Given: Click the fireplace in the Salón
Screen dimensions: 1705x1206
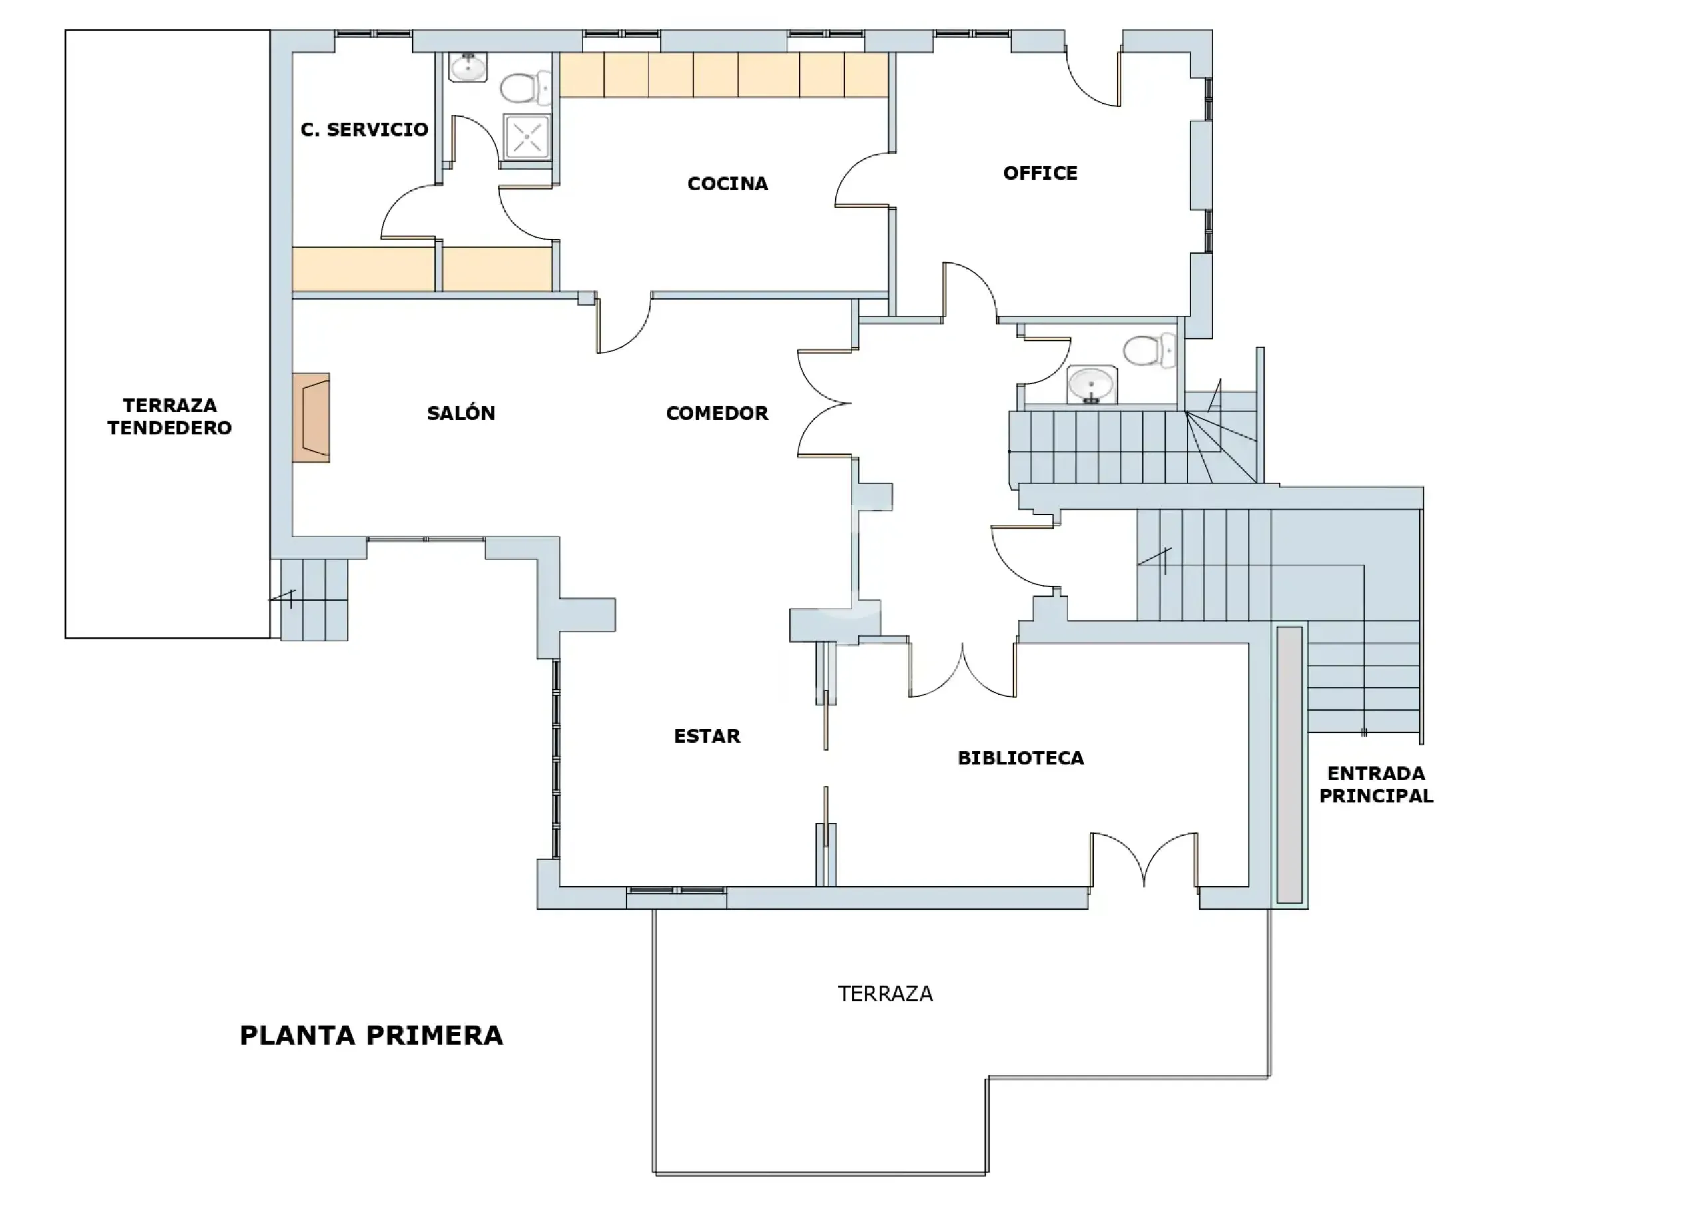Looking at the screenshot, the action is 310,418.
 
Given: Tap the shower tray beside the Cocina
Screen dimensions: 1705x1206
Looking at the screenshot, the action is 527,137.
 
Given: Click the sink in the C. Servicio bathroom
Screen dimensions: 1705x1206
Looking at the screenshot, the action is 468,67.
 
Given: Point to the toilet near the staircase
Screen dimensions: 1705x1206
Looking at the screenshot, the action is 1150,350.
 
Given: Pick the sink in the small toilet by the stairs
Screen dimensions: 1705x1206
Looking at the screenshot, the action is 1092,385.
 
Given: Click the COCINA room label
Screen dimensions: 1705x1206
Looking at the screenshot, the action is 728,183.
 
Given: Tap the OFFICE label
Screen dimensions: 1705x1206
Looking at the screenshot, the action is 1040,173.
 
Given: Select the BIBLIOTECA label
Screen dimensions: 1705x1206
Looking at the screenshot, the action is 1020,758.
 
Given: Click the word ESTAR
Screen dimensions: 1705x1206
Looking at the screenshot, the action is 707,736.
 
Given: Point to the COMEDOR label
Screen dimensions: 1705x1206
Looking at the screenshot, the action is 717,413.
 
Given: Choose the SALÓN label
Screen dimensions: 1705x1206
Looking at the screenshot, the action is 460,413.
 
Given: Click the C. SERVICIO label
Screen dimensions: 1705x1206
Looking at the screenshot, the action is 364,129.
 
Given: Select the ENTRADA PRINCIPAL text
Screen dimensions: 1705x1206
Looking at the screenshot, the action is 1376,784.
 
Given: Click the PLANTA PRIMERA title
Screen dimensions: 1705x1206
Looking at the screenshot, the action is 371,1036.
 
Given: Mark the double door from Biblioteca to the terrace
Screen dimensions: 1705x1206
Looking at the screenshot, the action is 1144,860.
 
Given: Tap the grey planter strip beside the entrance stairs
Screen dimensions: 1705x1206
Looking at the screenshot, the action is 1290,765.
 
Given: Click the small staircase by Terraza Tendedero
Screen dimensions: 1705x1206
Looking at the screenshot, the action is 314,600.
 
